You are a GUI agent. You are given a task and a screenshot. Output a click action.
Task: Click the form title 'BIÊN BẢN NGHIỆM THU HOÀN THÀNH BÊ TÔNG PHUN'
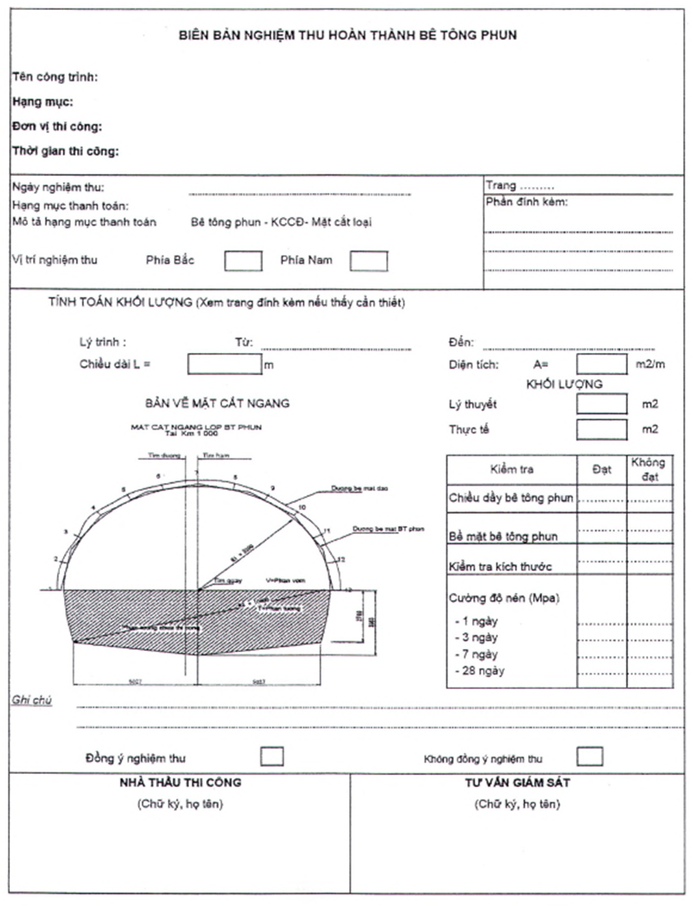click(348, 35)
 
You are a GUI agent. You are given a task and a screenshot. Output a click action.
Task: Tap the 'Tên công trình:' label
click(55, 77)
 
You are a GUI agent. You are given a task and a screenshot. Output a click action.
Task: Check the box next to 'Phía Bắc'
click(243, 261)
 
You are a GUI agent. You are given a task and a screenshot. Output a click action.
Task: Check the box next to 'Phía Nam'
click(368, 261)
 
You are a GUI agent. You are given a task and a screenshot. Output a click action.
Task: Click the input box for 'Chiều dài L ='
click(225, 365)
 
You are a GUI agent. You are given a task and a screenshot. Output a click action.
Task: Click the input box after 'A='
click(602, 365)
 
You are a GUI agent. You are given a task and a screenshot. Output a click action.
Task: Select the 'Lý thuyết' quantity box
click(602, 404)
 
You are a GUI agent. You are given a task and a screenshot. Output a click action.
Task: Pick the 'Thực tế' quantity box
click(602, 429)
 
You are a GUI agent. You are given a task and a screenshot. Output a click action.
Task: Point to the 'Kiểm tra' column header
click(511, 469)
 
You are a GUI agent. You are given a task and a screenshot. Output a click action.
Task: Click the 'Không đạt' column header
click(647, 469)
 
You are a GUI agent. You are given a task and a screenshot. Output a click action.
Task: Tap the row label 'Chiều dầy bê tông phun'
click(511, 498)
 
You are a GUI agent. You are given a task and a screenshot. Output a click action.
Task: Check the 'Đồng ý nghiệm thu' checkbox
click(271, 757)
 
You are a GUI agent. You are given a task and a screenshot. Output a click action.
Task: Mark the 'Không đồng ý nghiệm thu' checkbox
click(590, 757)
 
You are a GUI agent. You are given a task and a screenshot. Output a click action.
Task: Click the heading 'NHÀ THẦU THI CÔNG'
click(180, 783)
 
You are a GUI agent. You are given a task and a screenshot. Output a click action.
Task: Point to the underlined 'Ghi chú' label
click(32, 700)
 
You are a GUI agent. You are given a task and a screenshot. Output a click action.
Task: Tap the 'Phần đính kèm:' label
click(527, 202)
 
